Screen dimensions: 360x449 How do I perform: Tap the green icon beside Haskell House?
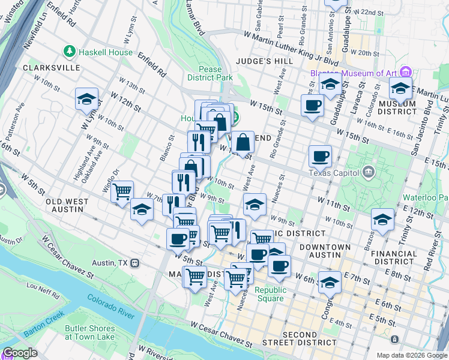(x=70, y=52)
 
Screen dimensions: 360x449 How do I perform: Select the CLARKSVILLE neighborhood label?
(x=51, y=68)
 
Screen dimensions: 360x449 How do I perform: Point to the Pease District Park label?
(x=209, y=73)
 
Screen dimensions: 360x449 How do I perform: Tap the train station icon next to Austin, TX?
(x=136, y=263)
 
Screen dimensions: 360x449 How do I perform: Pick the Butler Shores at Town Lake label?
(x=90, y=332)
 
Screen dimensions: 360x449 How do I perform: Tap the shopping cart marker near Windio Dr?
(x=122, y=192)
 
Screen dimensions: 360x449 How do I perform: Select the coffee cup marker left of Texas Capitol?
(x=320, y=156)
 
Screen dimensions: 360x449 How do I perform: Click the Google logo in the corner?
(x=20, y=353)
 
